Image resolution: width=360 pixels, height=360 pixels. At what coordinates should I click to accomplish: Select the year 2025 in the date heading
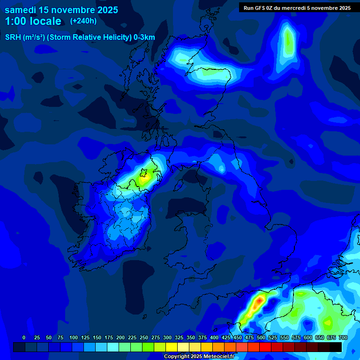pyautogui.click(x=106, y=10)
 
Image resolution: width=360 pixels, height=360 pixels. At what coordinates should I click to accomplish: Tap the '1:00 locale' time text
pyautogui.click(x=33, y=21)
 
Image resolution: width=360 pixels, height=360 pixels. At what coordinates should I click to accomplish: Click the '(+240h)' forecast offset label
pyautogui.click(x=83, y=21)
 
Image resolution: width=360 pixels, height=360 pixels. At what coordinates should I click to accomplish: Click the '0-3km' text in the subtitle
pyautogui.click(x=144, y=37)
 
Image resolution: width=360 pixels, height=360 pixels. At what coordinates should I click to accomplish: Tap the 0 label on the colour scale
pyautogui.click(x=24, y=337)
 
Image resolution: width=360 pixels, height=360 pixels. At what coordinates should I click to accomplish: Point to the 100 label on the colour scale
pyautogui.click(x=74, y=337)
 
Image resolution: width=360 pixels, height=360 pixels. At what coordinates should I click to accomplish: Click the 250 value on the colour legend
pyautogui.click(x=144, y=337)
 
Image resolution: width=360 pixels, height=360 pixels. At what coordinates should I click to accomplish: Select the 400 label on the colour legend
pyautogui.click(x=214, y=337)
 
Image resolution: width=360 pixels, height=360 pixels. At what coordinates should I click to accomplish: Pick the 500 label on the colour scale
pyautogui.click(x=261, y=337)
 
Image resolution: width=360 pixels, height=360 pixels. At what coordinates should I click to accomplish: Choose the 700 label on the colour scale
pyautogui.click(x=343, y=337)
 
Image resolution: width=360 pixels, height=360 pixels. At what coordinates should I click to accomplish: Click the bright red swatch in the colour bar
pyautogui.click(x=265, y=347)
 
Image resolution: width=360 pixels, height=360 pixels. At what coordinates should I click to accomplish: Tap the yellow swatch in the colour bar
pyautogui.click(x=172, y=347)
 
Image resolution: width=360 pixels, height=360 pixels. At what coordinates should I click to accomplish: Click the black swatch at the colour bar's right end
pyautogui.click(x=336, y=347)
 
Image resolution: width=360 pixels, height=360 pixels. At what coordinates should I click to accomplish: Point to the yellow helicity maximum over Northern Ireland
pyautogui.click(x=144, y=178)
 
